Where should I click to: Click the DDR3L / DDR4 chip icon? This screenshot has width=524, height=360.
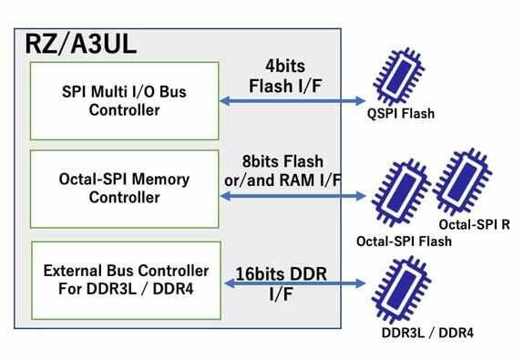pos(401,287)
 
